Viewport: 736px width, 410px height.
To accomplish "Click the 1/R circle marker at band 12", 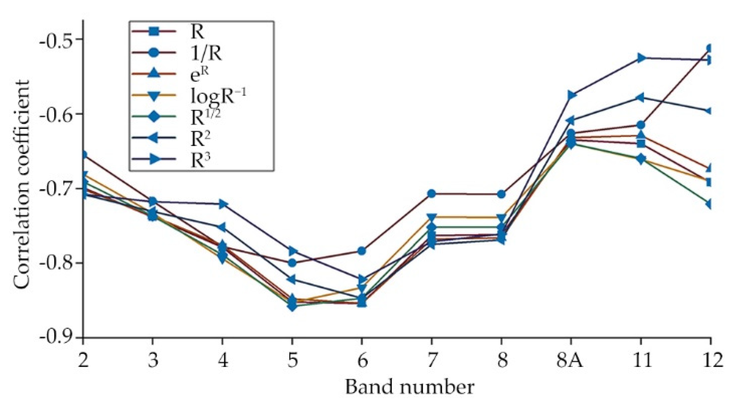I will pos(710,49).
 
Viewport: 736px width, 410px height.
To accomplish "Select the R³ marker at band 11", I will pos(641,58).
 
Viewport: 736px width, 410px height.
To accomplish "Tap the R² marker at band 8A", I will pos(571,120).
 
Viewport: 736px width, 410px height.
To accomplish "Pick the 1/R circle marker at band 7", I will pos(432,194).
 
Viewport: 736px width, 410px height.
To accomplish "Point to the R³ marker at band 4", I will pos(222,204).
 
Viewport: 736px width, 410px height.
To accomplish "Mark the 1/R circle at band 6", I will pos(362,251).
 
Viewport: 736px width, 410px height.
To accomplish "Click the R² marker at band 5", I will pos(292,280).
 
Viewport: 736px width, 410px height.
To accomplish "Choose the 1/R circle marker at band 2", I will pos(84,155).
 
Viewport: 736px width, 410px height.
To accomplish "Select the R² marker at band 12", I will pos(709,111).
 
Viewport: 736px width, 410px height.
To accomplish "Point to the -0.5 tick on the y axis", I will pos(55,39).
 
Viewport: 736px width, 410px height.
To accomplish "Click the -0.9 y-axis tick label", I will pos(55,337).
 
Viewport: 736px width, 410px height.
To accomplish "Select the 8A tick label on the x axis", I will pos(570,360).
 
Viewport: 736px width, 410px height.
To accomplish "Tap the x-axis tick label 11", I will pos(640,360).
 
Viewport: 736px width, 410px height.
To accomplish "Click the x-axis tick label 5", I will pos(292,360).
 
